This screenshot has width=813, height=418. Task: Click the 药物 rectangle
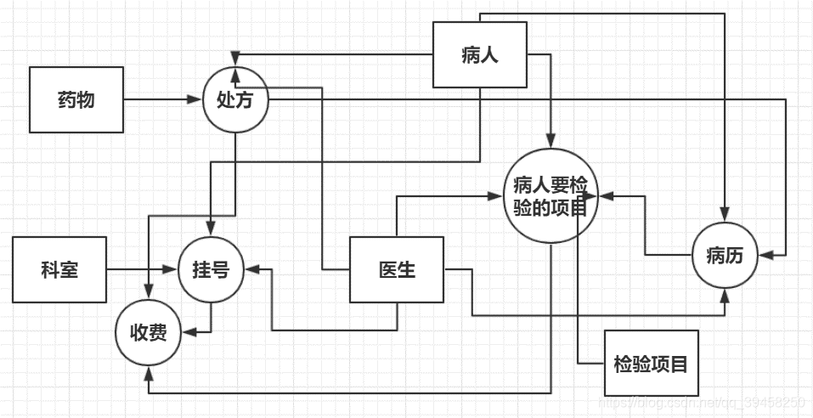tap(76, 99)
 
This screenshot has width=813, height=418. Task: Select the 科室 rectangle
tap(59, 270)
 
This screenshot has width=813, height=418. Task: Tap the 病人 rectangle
tap(480, 55)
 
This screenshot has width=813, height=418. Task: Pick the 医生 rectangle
tap(397, 270)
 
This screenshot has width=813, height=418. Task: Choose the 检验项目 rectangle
tap(651, 364)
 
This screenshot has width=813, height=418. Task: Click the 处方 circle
tap(236, 99)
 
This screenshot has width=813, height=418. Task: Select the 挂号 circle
tap(211, 270)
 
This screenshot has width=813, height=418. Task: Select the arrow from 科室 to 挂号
tap(141, 270)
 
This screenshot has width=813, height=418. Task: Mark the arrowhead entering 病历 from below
tap(726, 295)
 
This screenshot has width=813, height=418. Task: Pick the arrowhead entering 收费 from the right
tap(189, 331)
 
